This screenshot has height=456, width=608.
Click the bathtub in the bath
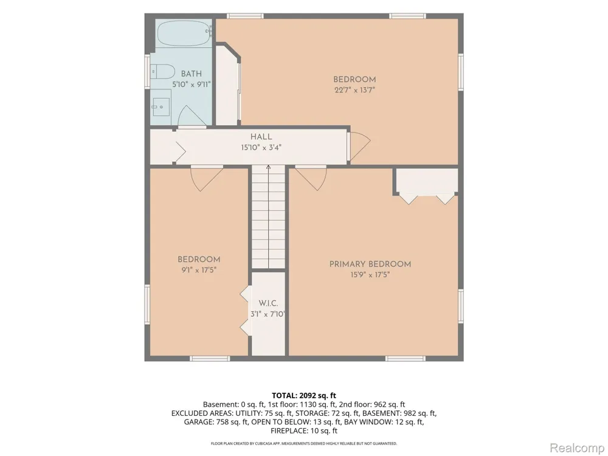coord(185,33)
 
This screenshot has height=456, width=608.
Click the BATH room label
coord(191,74)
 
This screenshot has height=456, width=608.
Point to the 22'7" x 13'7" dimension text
coord(355,90)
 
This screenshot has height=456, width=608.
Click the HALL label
coord(261,136)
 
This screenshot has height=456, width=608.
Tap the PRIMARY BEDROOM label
coord(370,264)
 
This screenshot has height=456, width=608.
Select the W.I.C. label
coord(268,303)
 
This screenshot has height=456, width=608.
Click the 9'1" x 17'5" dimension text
coord(199,270)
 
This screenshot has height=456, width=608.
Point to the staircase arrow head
coord(268,167)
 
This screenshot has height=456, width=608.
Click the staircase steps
coord(268,216)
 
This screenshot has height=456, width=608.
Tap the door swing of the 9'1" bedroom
coord(207,178)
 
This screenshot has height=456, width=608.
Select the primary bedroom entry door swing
coord(311,178)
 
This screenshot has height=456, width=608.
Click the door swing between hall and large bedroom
coord(359,146)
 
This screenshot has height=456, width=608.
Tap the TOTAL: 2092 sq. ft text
coord(303,396)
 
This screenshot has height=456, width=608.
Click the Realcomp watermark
coord(576,448)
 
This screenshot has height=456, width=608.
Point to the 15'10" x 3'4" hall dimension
coord(261,147)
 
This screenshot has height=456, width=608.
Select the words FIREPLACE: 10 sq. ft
coord(303,431)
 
